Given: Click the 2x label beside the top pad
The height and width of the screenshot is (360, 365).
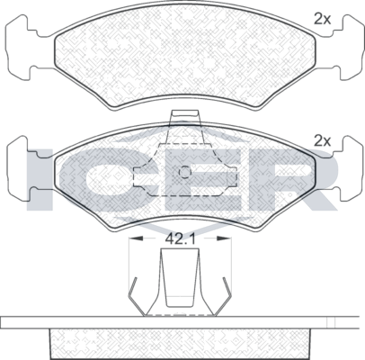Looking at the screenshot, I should tap(323, 17).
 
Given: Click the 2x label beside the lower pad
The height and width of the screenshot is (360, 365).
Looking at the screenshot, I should tap(323, 140).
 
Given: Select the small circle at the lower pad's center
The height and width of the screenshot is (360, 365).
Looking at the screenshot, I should tap(183, 175).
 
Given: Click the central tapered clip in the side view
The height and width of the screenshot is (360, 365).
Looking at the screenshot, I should tap(182, 279).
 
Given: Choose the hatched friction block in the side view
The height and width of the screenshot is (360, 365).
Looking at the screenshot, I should tap(182, 342).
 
